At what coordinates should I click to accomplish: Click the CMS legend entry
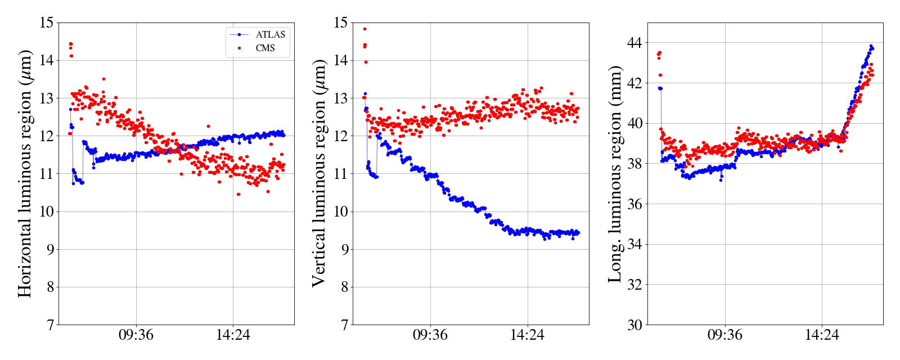point(265,48)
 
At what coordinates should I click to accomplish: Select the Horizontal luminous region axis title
point(25,173)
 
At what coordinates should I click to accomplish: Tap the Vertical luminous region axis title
point(318,173)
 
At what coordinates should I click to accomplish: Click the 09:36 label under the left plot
point(136,335)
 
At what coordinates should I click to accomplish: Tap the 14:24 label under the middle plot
point(527,335)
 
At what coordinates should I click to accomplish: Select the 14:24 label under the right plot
point(822,335)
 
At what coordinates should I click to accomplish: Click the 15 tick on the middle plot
point(341,23)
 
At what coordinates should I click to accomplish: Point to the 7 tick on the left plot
point(49,325)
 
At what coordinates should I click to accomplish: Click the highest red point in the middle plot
point(364,29)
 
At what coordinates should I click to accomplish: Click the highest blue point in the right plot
point(871,46)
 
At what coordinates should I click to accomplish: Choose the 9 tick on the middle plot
point(344,250)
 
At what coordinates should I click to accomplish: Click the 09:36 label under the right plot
point(724,335)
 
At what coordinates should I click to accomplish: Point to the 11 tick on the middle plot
point(341,174)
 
